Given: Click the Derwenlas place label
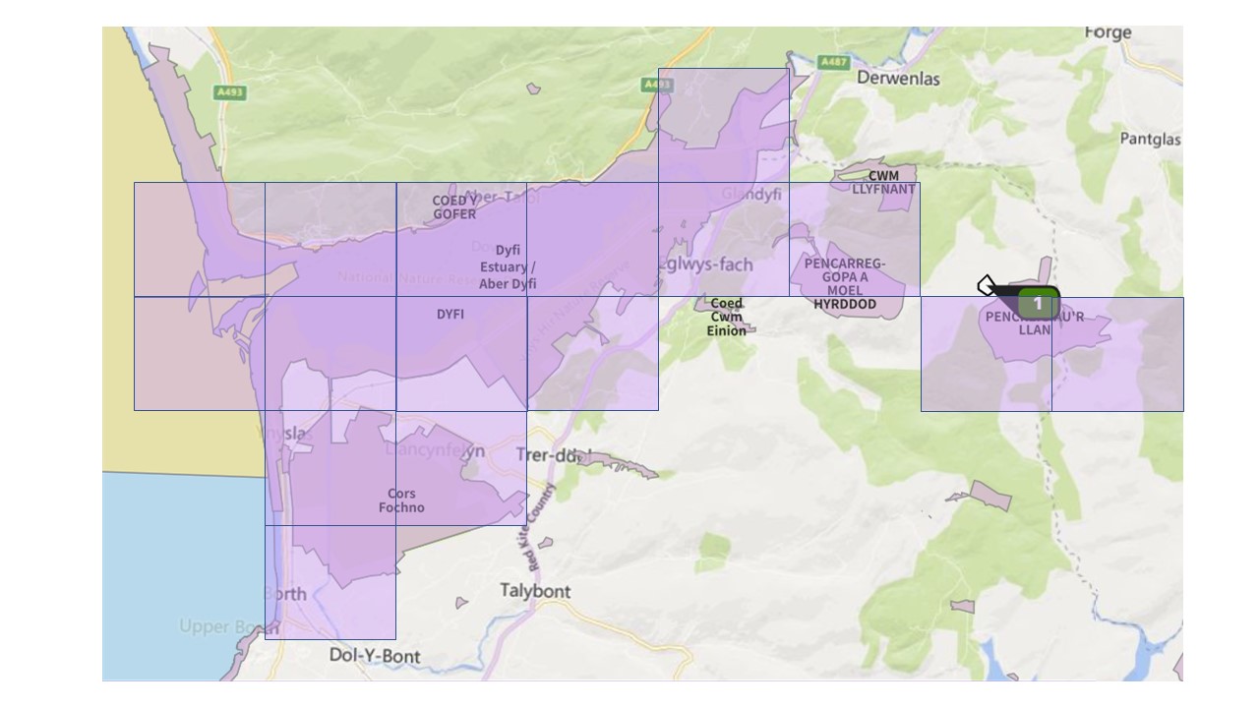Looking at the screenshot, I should point(898,78).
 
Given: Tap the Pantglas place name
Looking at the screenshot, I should point(1150,140).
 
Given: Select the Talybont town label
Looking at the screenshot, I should point(535,591).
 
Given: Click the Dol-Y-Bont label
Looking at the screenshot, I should point(375,656).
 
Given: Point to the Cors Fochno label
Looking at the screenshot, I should point(401,501).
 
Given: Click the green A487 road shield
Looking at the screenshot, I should point(833,62).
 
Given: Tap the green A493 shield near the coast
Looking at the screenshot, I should point(229,92).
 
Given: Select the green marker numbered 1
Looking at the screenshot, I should point(1037,304).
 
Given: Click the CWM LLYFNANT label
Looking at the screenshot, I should point(883,183).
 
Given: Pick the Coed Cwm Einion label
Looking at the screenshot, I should point(726,317).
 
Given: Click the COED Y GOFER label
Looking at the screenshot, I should point(454,207).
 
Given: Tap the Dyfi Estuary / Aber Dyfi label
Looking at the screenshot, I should point(508,267).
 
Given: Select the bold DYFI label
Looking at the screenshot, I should point(450,315).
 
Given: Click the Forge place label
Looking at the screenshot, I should point(1109,33).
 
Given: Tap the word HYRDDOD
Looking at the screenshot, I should point(845,305).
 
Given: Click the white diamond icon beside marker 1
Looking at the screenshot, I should point(987,285).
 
